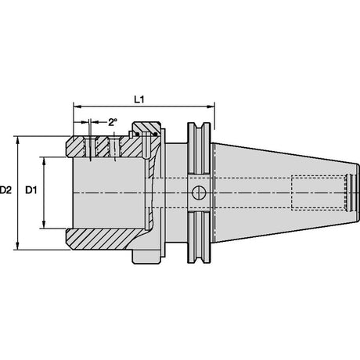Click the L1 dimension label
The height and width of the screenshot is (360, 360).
click(139, 99)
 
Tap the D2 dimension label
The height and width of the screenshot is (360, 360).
click(5, 190)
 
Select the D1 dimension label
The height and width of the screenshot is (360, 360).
click(31, 190)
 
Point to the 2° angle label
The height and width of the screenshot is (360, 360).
click(113, 122)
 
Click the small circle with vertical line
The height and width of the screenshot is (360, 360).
click(199, 193)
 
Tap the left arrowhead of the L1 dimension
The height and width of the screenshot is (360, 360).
click(77, 106)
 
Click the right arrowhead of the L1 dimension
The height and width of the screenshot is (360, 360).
click(211, 106)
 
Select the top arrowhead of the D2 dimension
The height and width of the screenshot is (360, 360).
click(18, 140)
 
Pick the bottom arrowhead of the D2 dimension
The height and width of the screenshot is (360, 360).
click(18, 246)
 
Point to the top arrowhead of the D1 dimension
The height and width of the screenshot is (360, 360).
click(44, 161)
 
